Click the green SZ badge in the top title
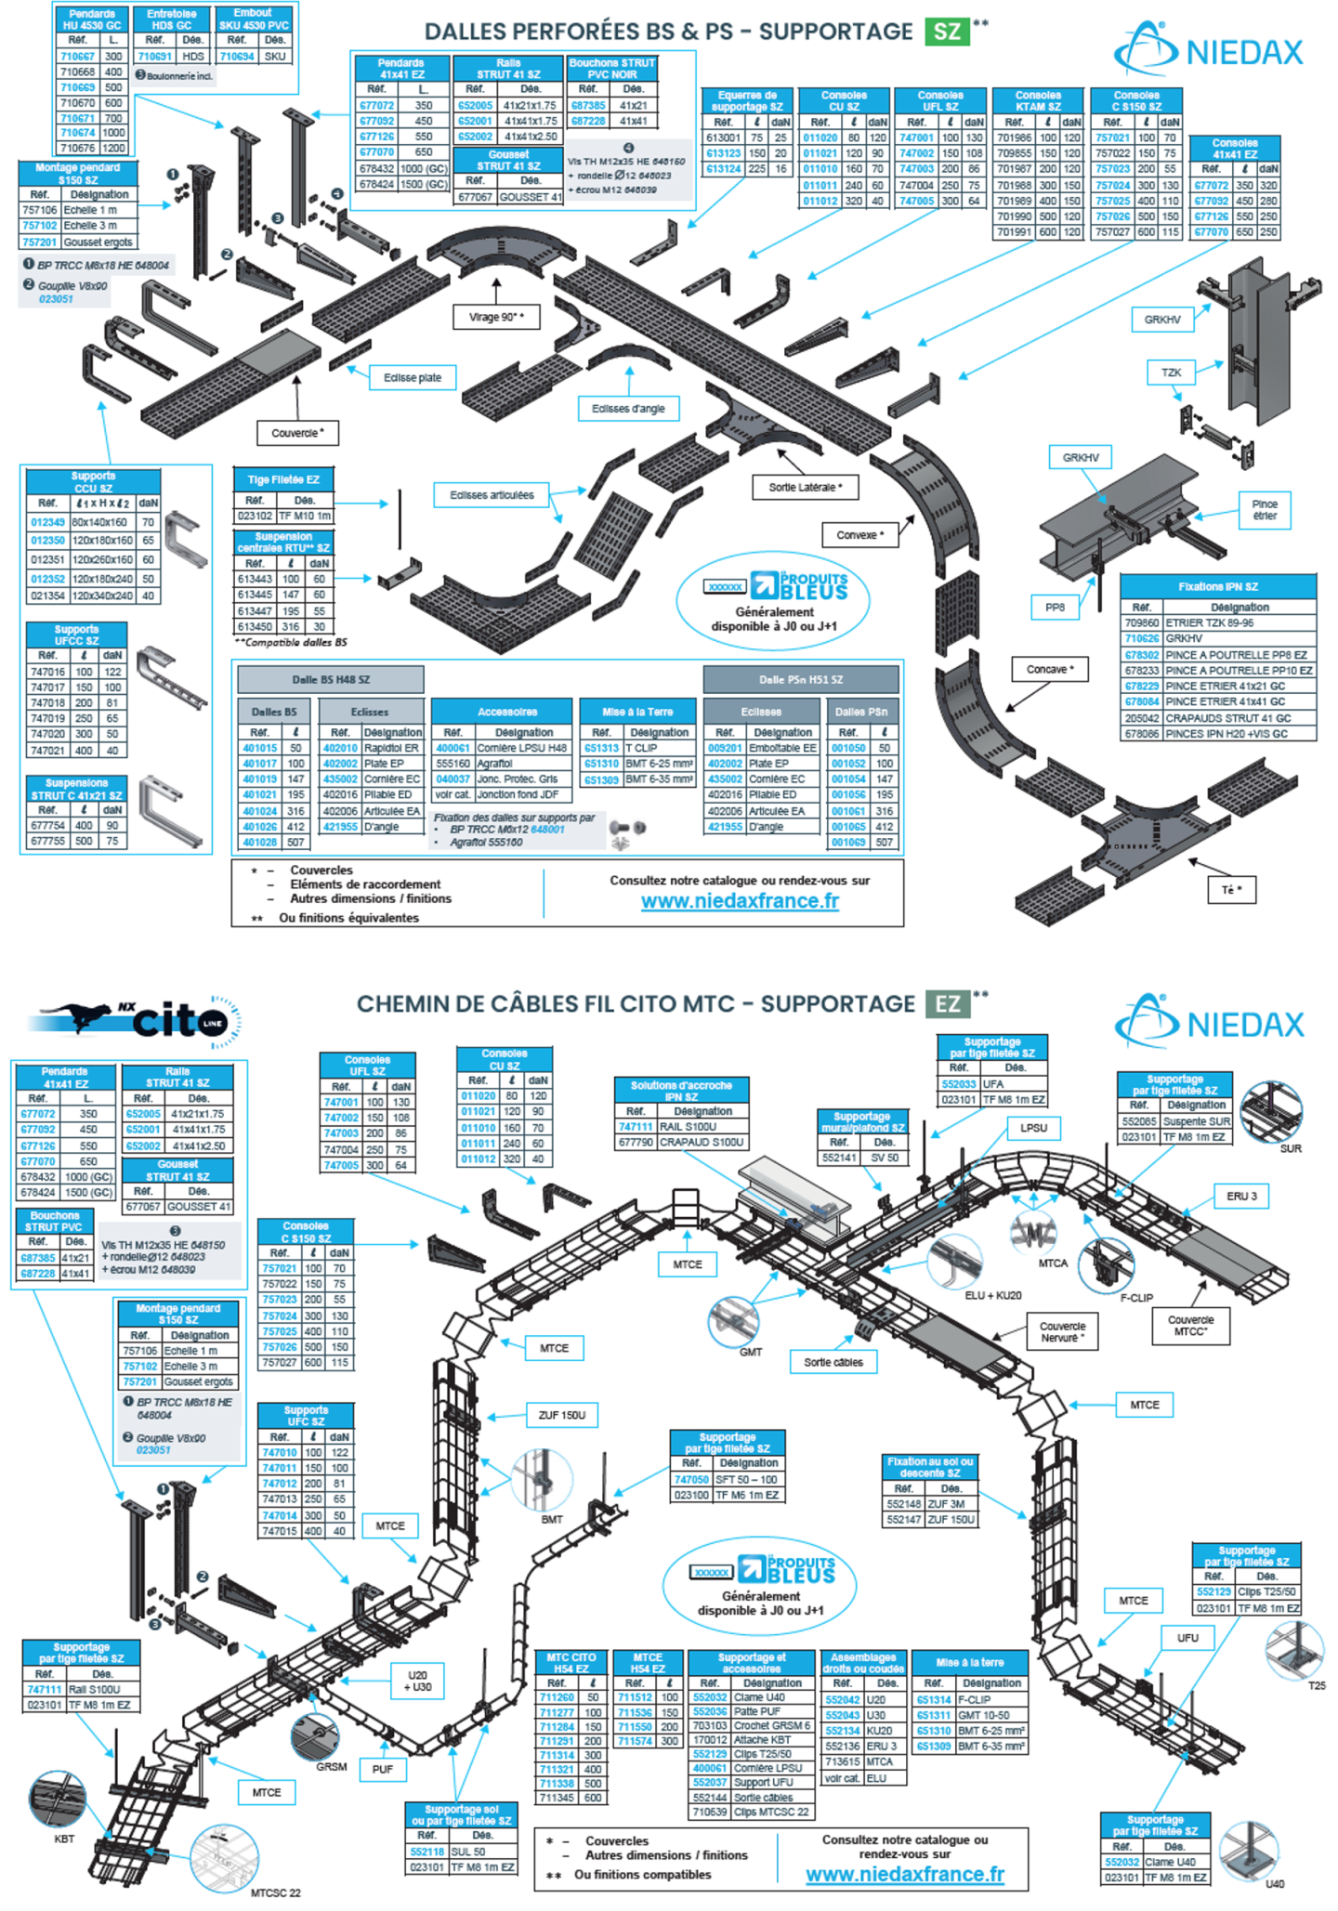point(947,32)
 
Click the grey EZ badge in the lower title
point(947,1004)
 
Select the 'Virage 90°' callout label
point(497,317)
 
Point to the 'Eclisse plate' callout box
point(413,378)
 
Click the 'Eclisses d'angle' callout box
point(628,408)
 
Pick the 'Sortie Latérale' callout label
point(805,487)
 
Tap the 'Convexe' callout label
point(860,535)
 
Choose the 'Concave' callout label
point(1050,669)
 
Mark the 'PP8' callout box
point(1055,608)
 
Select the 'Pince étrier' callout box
point(1265,510)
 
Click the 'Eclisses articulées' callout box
point(492,495)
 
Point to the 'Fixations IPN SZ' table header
point(1217,587)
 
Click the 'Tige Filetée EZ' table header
point(283,479)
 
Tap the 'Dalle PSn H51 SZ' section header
point(801,679)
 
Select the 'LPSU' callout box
point(1033,1128)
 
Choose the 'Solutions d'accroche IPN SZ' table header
point(681,1091)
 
